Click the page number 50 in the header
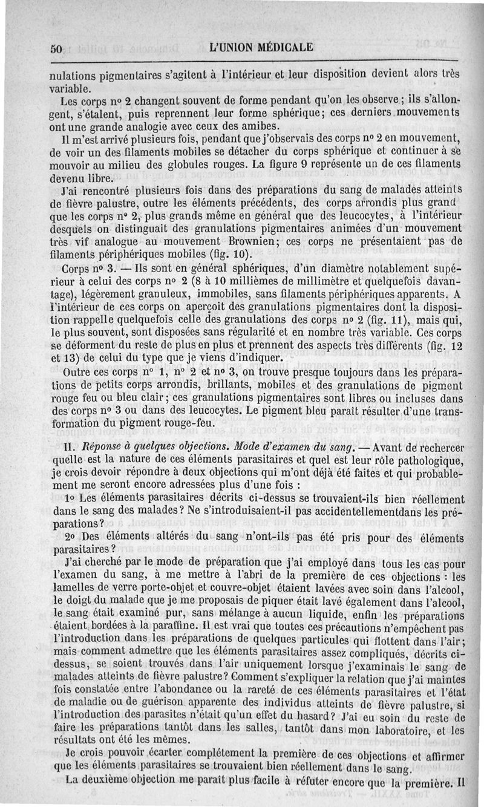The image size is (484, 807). [x=57, y=50]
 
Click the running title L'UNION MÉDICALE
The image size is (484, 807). [x=261, y=47]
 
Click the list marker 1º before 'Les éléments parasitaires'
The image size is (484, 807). [x=69, y=498]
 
